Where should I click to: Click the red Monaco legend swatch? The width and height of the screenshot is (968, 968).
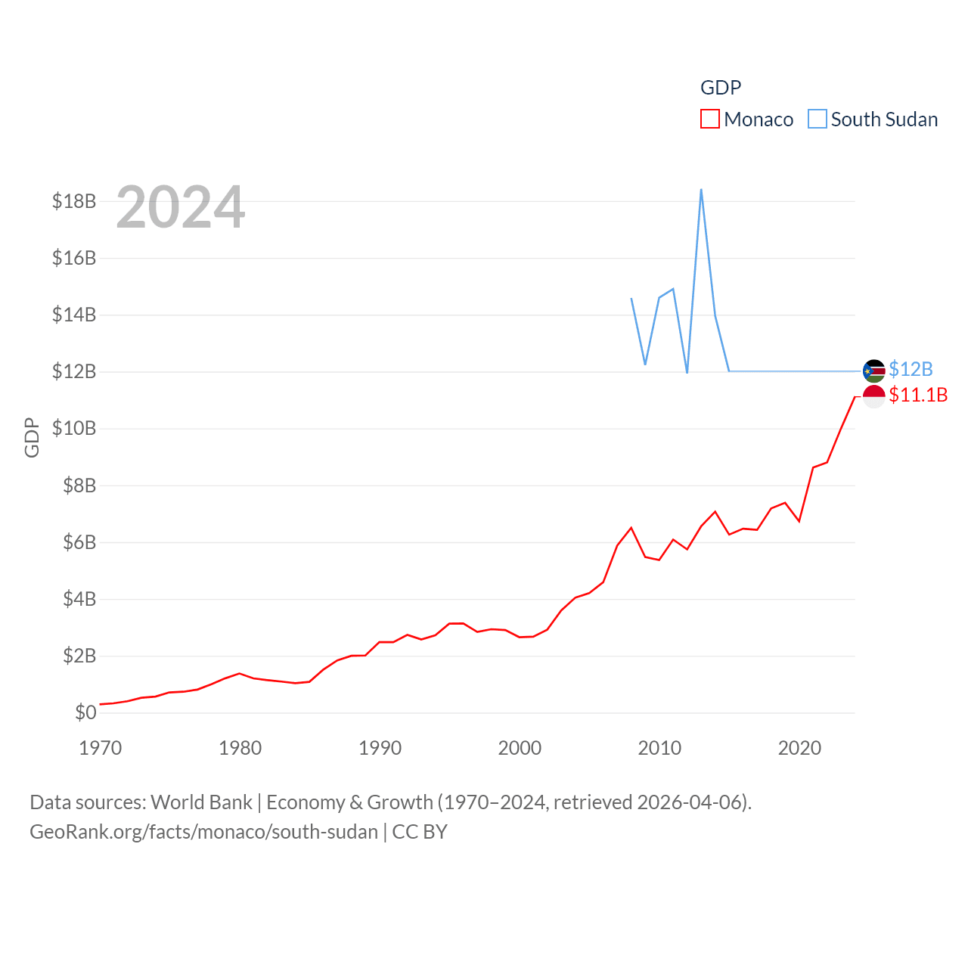pyautogui.click(x=709, y=119)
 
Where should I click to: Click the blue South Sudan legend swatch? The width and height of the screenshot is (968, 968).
pyautogui.click(x=817, y=119)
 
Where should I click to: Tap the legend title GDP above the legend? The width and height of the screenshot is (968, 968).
pyautogui.click(x=721, y=88)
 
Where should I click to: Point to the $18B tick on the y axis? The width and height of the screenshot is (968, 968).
pyautogui.click(x=74, y=201)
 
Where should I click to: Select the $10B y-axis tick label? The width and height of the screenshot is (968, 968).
pyautogui.click(x=74, y=428)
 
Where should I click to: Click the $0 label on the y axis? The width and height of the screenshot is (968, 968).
pyautogui.click(x=85, y=712)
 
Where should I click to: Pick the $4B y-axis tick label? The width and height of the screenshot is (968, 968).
pyautogui.click(x=79, y=599)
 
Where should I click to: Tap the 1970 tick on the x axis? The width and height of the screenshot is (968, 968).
pyautogui.click(x=101, y=748)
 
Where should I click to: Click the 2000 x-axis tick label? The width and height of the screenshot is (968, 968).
pyautogui.click(x=520, y=748)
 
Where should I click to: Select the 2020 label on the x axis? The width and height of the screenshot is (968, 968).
pyautogui.click(x=799, y=748)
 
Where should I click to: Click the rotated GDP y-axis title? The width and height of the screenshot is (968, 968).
pyautogui.click(x=32, y=437)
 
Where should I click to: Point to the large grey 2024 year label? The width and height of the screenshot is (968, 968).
pyautogui.click(x=181, y=207)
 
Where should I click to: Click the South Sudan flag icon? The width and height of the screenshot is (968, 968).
pyautogui.click(x=873, y=371)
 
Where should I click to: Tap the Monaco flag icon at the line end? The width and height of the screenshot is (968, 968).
pyautogui.click(x=873, y=396)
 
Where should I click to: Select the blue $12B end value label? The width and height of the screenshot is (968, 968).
pyautogui.click(x=911, y=369)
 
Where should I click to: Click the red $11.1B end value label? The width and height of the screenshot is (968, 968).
pyautogui.click(x=918, y=395)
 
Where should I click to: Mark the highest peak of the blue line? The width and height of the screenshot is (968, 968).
pyautogui.click(x=701, y=190)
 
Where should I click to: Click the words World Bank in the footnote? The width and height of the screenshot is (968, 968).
pyautogui.click(x=201, y=802)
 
